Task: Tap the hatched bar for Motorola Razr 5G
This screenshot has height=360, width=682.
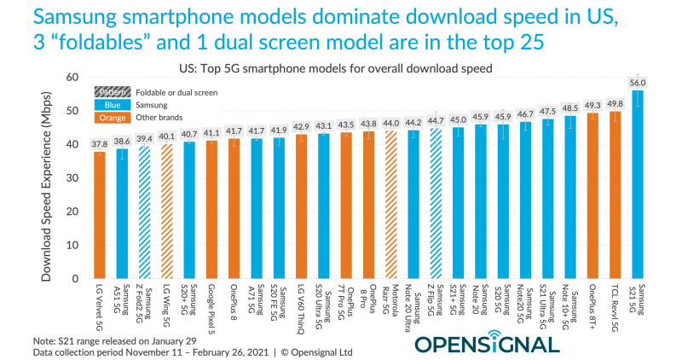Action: point(391,205)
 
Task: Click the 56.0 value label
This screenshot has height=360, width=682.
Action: point(638,82)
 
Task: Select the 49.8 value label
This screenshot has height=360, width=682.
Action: point(616,103)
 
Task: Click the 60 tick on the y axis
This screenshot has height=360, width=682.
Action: point(72,78)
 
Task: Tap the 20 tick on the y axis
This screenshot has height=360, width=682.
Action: point(72,212)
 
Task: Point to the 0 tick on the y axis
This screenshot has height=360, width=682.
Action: point(76,279)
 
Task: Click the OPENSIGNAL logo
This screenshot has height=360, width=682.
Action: point(488,345)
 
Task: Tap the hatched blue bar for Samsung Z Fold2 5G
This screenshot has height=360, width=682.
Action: point(144,212)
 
